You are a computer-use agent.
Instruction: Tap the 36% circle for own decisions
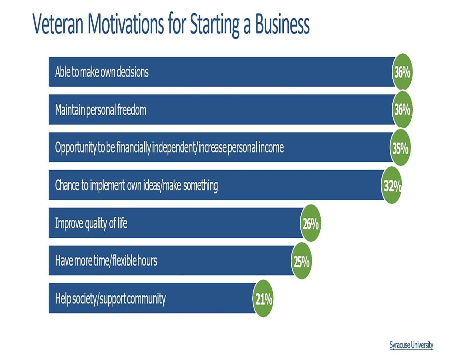point(402,72)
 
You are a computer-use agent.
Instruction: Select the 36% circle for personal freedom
point(402,110)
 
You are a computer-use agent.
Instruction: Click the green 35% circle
point(400,148)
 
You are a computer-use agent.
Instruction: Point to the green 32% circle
point(391,185)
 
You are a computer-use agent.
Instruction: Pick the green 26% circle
point(311,223)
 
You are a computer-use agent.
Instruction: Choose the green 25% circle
point(302,261)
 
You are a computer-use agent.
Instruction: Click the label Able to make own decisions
point(102,72)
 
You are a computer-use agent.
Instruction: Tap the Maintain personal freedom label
point(101,110)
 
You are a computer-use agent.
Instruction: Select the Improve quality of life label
point(91,223)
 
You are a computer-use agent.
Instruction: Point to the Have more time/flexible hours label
point(106,261)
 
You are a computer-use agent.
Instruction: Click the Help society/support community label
point(110,299)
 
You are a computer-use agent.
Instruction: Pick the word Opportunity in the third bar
point(75,148)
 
